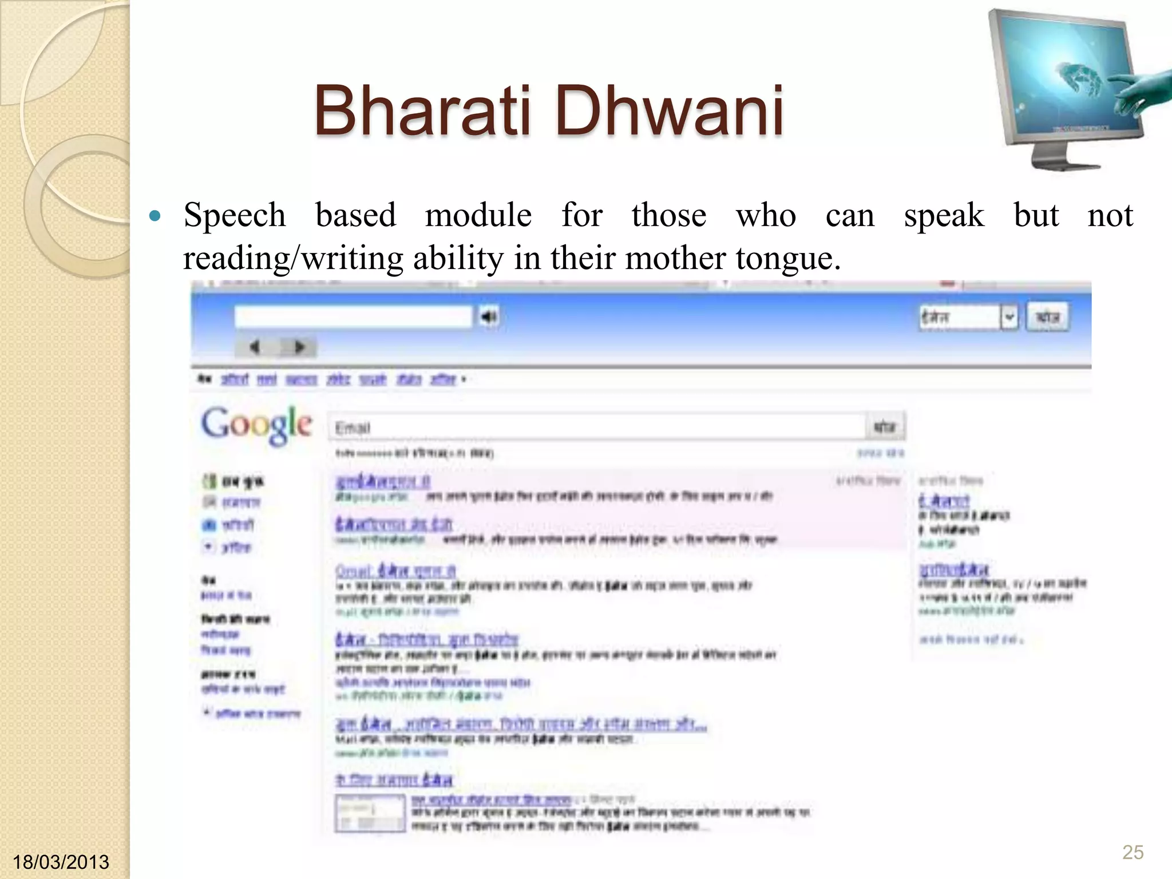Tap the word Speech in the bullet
pyautogui.click(x=234, y=216)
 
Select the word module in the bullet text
pyautogui.click(x=478, y=216)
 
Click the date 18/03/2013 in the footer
pyautogui.click(x=61, y=862)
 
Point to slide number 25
pyautogui.click(x=1133, y=852)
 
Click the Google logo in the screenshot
pyautogui.click(x=256, y=425)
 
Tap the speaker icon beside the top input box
pyautogui.click(x=489, y=316)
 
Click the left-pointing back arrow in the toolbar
pyautogui.click(x=255, y=347)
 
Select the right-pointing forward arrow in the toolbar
pyautogui.click(x=299, y=347)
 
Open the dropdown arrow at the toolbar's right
pyautogui.click(x=1009, y=317)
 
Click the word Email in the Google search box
pyautogui.click(x=353, y=427)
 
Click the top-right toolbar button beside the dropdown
pyautogui.click(x=1047, y=317)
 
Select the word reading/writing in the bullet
pyautogui.click(x=292, y=258)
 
